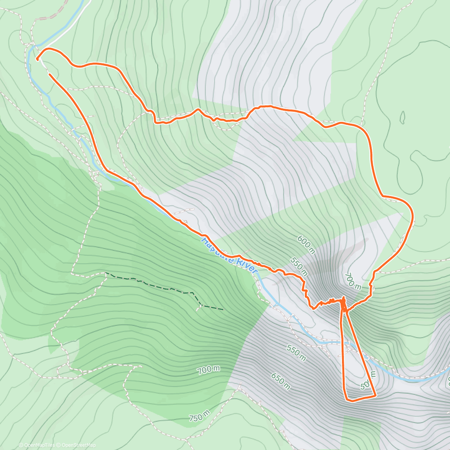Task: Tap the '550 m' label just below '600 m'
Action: [298, 265]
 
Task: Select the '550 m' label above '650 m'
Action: [296, 352]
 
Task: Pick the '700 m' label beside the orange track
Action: [352, 281]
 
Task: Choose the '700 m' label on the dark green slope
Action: [209, 370]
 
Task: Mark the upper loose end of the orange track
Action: [37, 59]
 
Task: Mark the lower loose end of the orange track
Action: [49, 75]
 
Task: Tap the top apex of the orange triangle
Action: [343, 299]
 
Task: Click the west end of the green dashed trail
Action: [106, 273]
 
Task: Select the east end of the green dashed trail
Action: [223, 309]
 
